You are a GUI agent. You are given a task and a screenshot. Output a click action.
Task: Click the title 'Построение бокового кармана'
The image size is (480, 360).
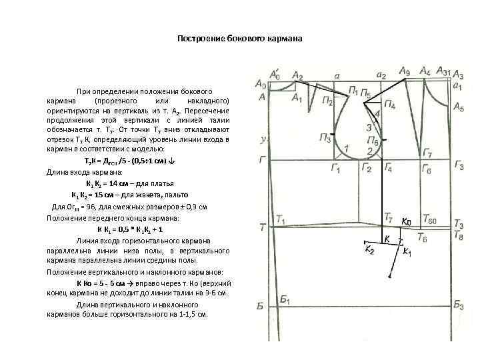pos(239,39)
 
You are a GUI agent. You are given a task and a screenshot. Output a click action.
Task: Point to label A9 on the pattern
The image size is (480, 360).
pos(405,71)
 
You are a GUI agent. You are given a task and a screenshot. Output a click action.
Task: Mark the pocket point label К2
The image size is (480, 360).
pos(369,249)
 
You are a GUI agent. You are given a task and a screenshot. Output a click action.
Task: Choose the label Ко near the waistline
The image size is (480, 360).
pos(407,221)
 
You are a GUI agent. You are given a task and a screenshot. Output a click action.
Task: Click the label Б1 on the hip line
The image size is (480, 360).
pos(285,300)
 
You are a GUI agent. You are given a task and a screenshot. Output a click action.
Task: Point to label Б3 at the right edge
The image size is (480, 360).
pos(459,305)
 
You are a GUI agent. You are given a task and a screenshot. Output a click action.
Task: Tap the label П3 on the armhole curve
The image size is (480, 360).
pos(325,139)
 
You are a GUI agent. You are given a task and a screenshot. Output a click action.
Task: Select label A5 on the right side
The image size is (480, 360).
pos(459,107)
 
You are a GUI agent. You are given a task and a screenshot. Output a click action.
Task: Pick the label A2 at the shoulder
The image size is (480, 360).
pos(297,75)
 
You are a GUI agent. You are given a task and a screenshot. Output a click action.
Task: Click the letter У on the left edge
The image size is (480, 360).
pos(264,140)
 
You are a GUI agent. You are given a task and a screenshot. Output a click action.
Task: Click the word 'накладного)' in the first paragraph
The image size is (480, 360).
pos(211,99)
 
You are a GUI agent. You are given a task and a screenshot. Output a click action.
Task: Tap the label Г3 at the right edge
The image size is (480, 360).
pos(459,165)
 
